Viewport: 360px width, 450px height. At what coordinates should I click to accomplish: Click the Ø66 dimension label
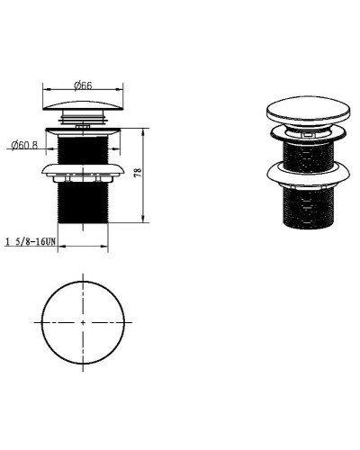click(x=83, y=85)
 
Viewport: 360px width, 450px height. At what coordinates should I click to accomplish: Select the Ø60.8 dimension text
click(x=24, y=146)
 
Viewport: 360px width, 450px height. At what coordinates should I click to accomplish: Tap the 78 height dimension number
click(x=138, y=173)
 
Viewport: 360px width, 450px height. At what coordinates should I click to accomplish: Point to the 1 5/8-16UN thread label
click(x=31, y=241)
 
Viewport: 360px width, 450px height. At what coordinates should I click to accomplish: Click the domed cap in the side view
click(x=83, y=105)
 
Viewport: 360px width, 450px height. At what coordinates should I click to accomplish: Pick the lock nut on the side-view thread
click(x=83, y=173)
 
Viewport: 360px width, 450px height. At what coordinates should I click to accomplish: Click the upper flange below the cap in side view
click(x=83, y=131)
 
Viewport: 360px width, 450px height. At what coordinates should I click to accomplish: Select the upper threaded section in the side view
click(x=83, y=149)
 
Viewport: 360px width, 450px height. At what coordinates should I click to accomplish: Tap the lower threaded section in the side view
click(x=83, y=202)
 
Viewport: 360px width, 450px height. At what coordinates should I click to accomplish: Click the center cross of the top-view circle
click(x=83, y=322)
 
